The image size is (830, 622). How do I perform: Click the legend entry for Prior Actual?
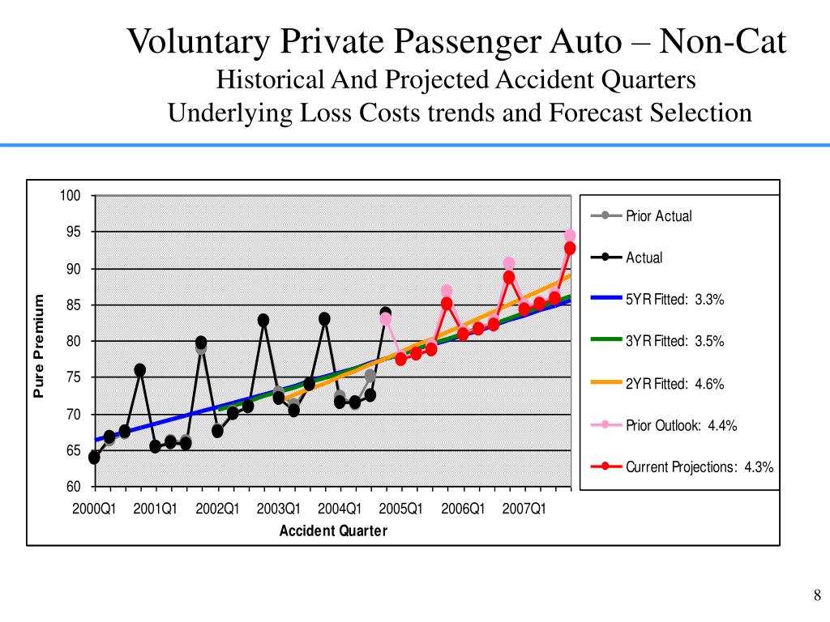[658, 216]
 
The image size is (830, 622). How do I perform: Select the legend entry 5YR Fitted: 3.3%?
[674, 300]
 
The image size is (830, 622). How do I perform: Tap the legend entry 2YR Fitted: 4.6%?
[674, 384]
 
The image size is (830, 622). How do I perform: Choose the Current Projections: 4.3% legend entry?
[699, 467]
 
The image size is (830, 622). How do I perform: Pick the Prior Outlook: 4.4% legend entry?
[681, 425]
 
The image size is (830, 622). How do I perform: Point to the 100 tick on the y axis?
[70, 196]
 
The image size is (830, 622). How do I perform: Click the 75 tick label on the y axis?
[72, 377]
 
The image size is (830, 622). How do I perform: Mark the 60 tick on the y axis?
[72, 487]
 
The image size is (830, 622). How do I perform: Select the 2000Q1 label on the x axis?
[94, 509]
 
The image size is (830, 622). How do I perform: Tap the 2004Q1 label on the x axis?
[340, 509]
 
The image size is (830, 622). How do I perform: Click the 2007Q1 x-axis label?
[524, 509]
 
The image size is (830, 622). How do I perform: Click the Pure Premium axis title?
[37, 346]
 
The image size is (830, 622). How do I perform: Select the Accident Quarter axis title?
[333, 531]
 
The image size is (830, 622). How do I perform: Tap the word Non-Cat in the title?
[722, 42]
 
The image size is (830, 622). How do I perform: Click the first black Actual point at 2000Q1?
[94, 458]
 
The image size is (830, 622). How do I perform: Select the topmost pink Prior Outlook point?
[570, 236]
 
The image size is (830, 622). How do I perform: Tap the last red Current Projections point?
[570, 249]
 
